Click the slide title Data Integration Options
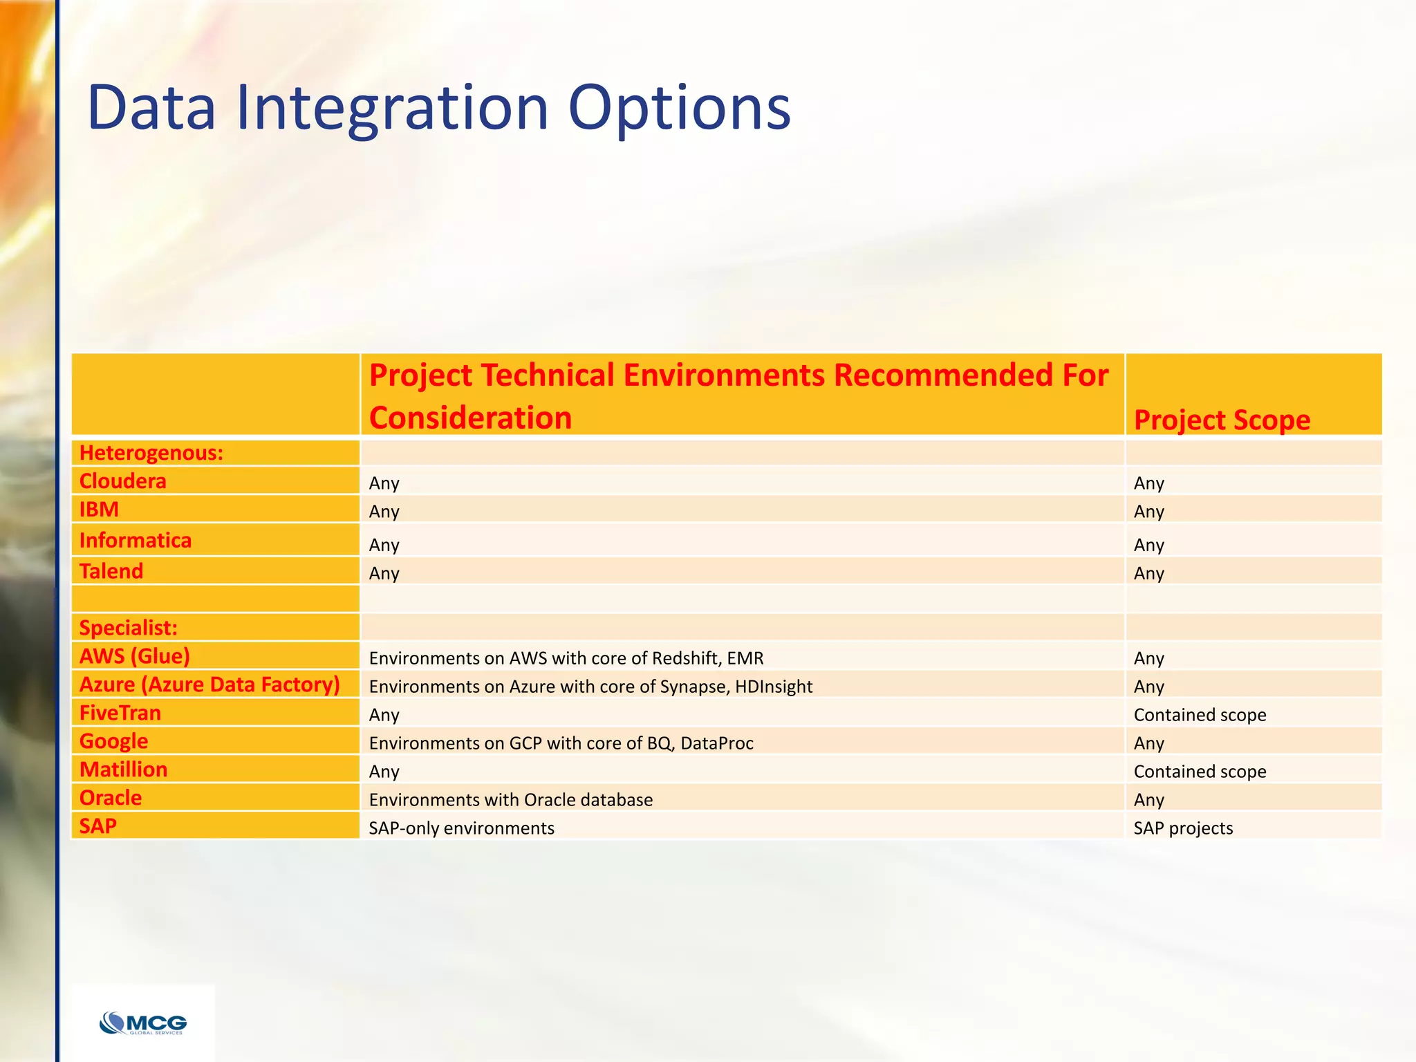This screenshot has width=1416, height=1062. tap(438, 108)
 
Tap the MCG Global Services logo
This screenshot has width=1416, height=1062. tap(143, 1023)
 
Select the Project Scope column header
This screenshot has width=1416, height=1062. tap(1222, 420)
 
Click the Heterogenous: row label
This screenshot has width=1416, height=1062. tap(151, 453)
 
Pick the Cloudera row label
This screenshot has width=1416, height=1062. tap(122, 481)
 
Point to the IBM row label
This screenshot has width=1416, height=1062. tap(99, 510)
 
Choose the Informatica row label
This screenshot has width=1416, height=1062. tap(135, 540)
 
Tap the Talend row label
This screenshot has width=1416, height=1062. tap(111, 571)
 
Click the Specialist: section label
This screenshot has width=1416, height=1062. tap(128, 628)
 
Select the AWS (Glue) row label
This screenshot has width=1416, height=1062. tap(134, 656)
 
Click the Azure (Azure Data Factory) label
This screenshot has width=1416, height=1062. tap(209, 684)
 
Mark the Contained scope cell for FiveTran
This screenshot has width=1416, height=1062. tap(1200, 715)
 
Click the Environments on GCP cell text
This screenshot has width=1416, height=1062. tap(561, 743)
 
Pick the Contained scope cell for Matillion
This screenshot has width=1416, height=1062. tap(1200, 772)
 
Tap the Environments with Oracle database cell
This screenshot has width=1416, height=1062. tap(510, 800)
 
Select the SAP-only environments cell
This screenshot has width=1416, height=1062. tap(461, 828)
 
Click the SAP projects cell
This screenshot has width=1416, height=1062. tap(1183, 828)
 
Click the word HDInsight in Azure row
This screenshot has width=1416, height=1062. tap(774, 687)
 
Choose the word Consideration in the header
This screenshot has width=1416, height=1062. tap(470, 418)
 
